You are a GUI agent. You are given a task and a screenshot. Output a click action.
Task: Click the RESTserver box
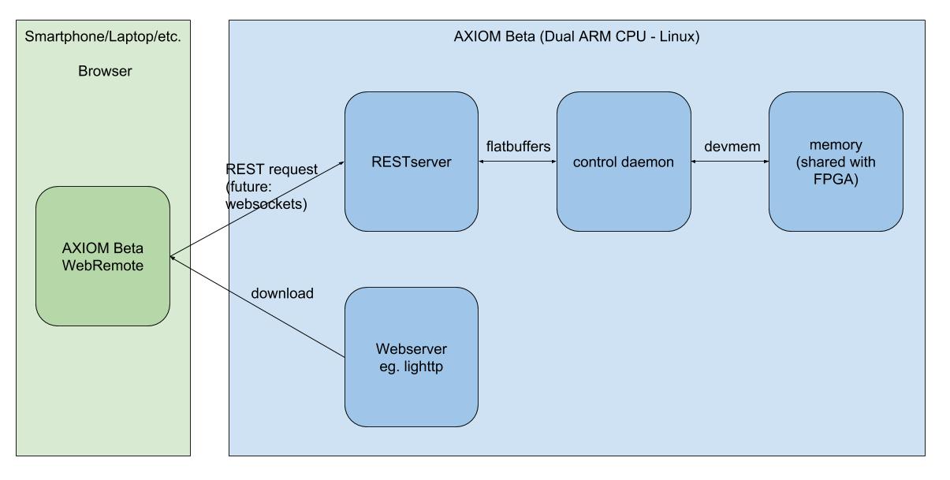click(x=412, y=162)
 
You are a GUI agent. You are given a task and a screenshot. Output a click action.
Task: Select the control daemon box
click(x=624, y=162)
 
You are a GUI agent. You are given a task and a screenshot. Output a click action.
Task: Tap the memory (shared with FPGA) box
click(x=836, y=162)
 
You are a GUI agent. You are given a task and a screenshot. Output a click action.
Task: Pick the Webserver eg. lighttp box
click(x=412, y=357)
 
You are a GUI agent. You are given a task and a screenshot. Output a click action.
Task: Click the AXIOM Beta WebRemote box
click(x=103, y=256)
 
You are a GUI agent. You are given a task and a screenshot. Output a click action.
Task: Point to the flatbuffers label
click(x=518, y=147)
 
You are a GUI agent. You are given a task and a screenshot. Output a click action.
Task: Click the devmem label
click(x=732, y=147)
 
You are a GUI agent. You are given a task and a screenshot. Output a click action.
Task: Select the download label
click(x=282, y=293)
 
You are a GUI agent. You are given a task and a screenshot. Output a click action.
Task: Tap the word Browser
click(x=105, y=71)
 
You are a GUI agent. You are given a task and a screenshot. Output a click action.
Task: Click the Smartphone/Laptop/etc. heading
click(x=102, y=36)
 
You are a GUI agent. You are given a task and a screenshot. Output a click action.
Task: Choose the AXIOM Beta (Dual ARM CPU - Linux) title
click(x=577, y=36)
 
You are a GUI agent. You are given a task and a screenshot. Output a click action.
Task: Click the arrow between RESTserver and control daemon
click(x=517, y=162)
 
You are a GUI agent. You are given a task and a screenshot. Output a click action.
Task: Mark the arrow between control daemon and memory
click(x=730, y=162)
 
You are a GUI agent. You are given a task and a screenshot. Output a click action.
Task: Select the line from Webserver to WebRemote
click(x=258, y=307)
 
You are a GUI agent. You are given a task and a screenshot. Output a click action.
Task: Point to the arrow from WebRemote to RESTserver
click(x=257, y=209)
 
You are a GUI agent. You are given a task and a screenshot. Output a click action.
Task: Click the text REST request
click(x=271, y=169)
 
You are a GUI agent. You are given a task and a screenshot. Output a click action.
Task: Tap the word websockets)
click(x=266, y=204)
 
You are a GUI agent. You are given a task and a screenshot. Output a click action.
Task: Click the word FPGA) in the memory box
click(x=836, y=180)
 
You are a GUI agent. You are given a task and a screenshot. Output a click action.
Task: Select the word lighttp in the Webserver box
click(x=423, y=367)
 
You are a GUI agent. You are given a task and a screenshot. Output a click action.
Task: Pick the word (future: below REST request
click(x=248, y=187)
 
